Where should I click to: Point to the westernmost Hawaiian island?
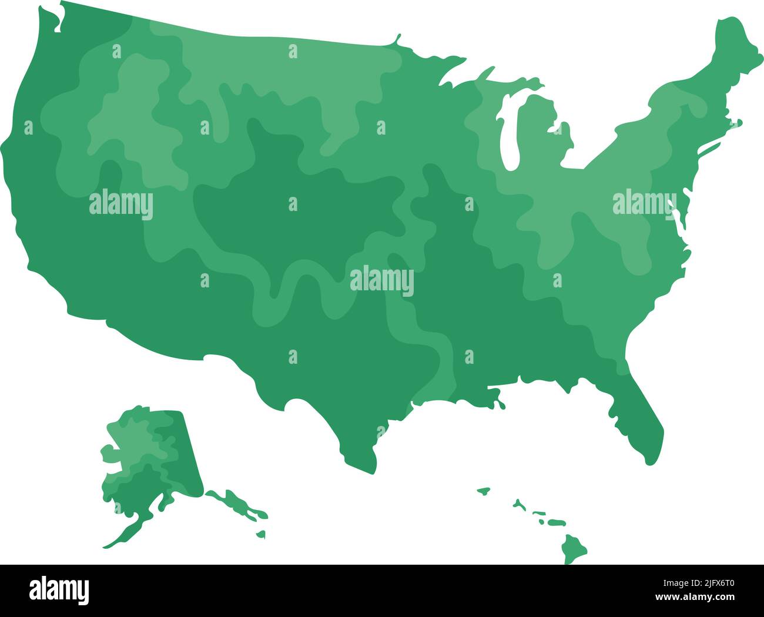pyautogui.click(x=483, y=489)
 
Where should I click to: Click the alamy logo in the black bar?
pyautogui.click(x=59, y=590)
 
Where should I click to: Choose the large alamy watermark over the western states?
pyautogui.click(x=121, y=204)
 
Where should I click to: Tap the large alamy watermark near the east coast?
pyautogui.click(x=644, y=203)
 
